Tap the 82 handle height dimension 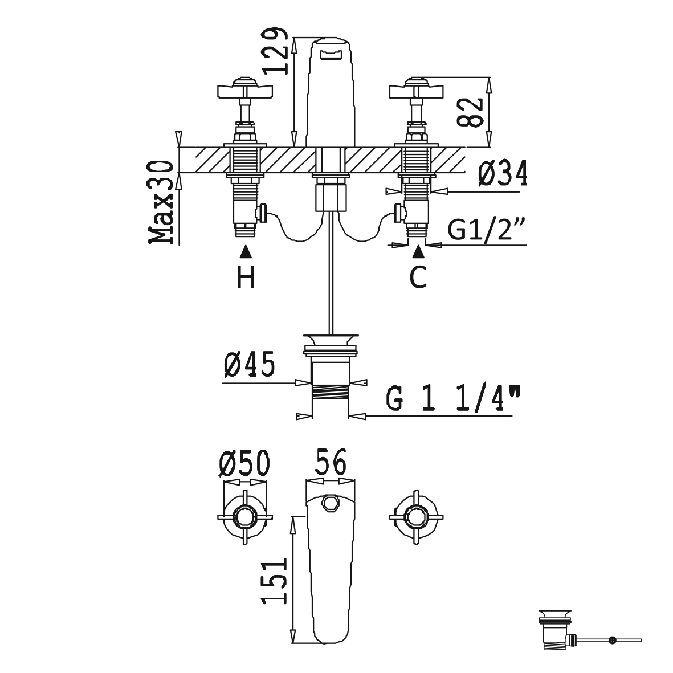coord(470,112)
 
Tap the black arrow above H coord(246,252)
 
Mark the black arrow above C coord(418,252)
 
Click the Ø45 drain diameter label coord(249,364)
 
